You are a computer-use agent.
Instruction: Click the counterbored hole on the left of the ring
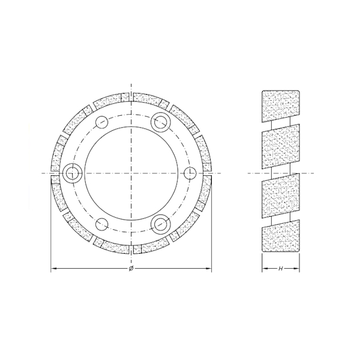[x=72, y=173]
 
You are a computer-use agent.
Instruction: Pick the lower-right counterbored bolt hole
[x=160, y=224]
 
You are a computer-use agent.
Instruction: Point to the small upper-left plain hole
[x=101, y=122]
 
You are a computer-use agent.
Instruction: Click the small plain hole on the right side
[x=190, y=173]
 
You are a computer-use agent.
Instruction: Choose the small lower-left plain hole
[x=101, y=224]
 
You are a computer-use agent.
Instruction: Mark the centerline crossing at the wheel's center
[x=131, y=173]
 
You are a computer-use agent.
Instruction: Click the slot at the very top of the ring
[x=131, y=95]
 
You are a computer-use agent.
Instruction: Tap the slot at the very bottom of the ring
[x=131, y=251]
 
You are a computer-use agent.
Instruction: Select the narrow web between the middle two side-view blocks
[x=281, y=173]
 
